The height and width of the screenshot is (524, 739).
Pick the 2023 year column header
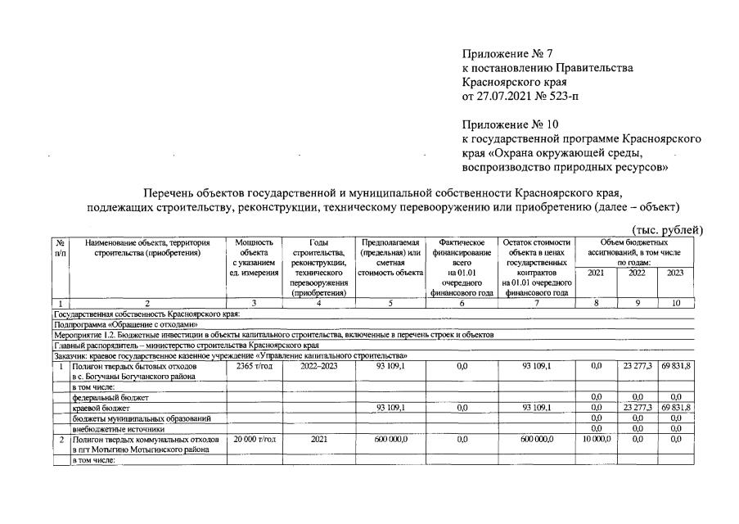(x=675, y=273)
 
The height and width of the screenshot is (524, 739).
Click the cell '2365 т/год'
(x=252, y=365)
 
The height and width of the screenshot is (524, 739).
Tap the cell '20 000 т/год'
(x=253, y=440)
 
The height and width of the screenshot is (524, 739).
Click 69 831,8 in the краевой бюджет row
(x=675, y=408)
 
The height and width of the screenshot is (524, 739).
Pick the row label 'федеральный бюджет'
(x=106, y=397)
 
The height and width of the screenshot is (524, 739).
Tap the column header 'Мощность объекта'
(x=252, y=248)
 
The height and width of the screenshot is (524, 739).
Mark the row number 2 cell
(x=61, y=440)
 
